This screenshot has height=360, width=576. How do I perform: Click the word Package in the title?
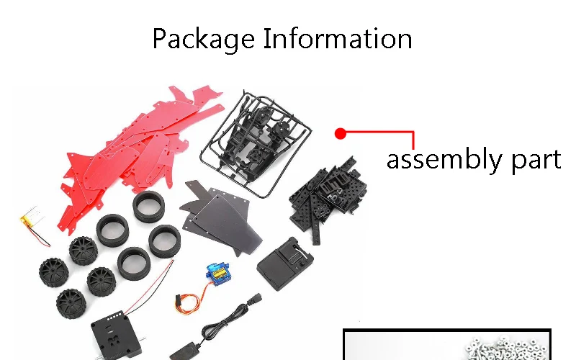pos(204,39)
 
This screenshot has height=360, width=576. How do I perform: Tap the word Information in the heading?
pos(338,38)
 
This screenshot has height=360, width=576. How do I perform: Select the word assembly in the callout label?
pos(444,159)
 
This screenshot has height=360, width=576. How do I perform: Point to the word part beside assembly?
pos(536,160)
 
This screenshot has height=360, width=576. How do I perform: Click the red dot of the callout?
pos(341,134)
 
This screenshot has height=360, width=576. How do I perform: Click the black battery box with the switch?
pos(285,263)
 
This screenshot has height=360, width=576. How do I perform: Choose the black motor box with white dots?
pos(116,336)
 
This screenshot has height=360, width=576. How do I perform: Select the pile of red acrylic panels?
pos(140,154)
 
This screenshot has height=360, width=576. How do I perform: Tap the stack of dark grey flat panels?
pos(220,217)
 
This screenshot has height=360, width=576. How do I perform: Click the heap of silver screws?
pos(509,348)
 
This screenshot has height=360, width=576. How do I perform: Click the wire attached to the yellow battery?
pos(39,236)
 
